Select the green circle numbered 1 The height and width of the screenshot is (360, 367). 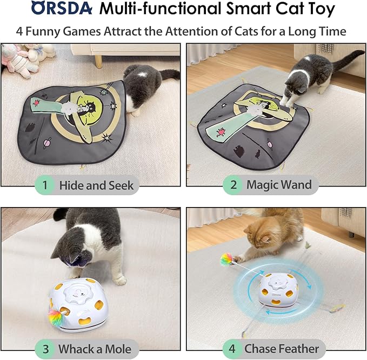(45, 185)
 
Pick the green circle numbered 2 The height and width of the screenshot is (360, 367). (233, 185)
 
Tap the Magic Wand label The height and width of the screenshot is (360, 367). (279, 185)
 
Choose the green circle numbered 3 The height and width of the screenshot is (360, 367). (45, 349)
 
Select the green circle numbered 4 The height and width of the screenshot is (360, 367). (232, 349)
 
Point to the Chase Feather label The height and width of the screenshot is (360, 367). (282, 349)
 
